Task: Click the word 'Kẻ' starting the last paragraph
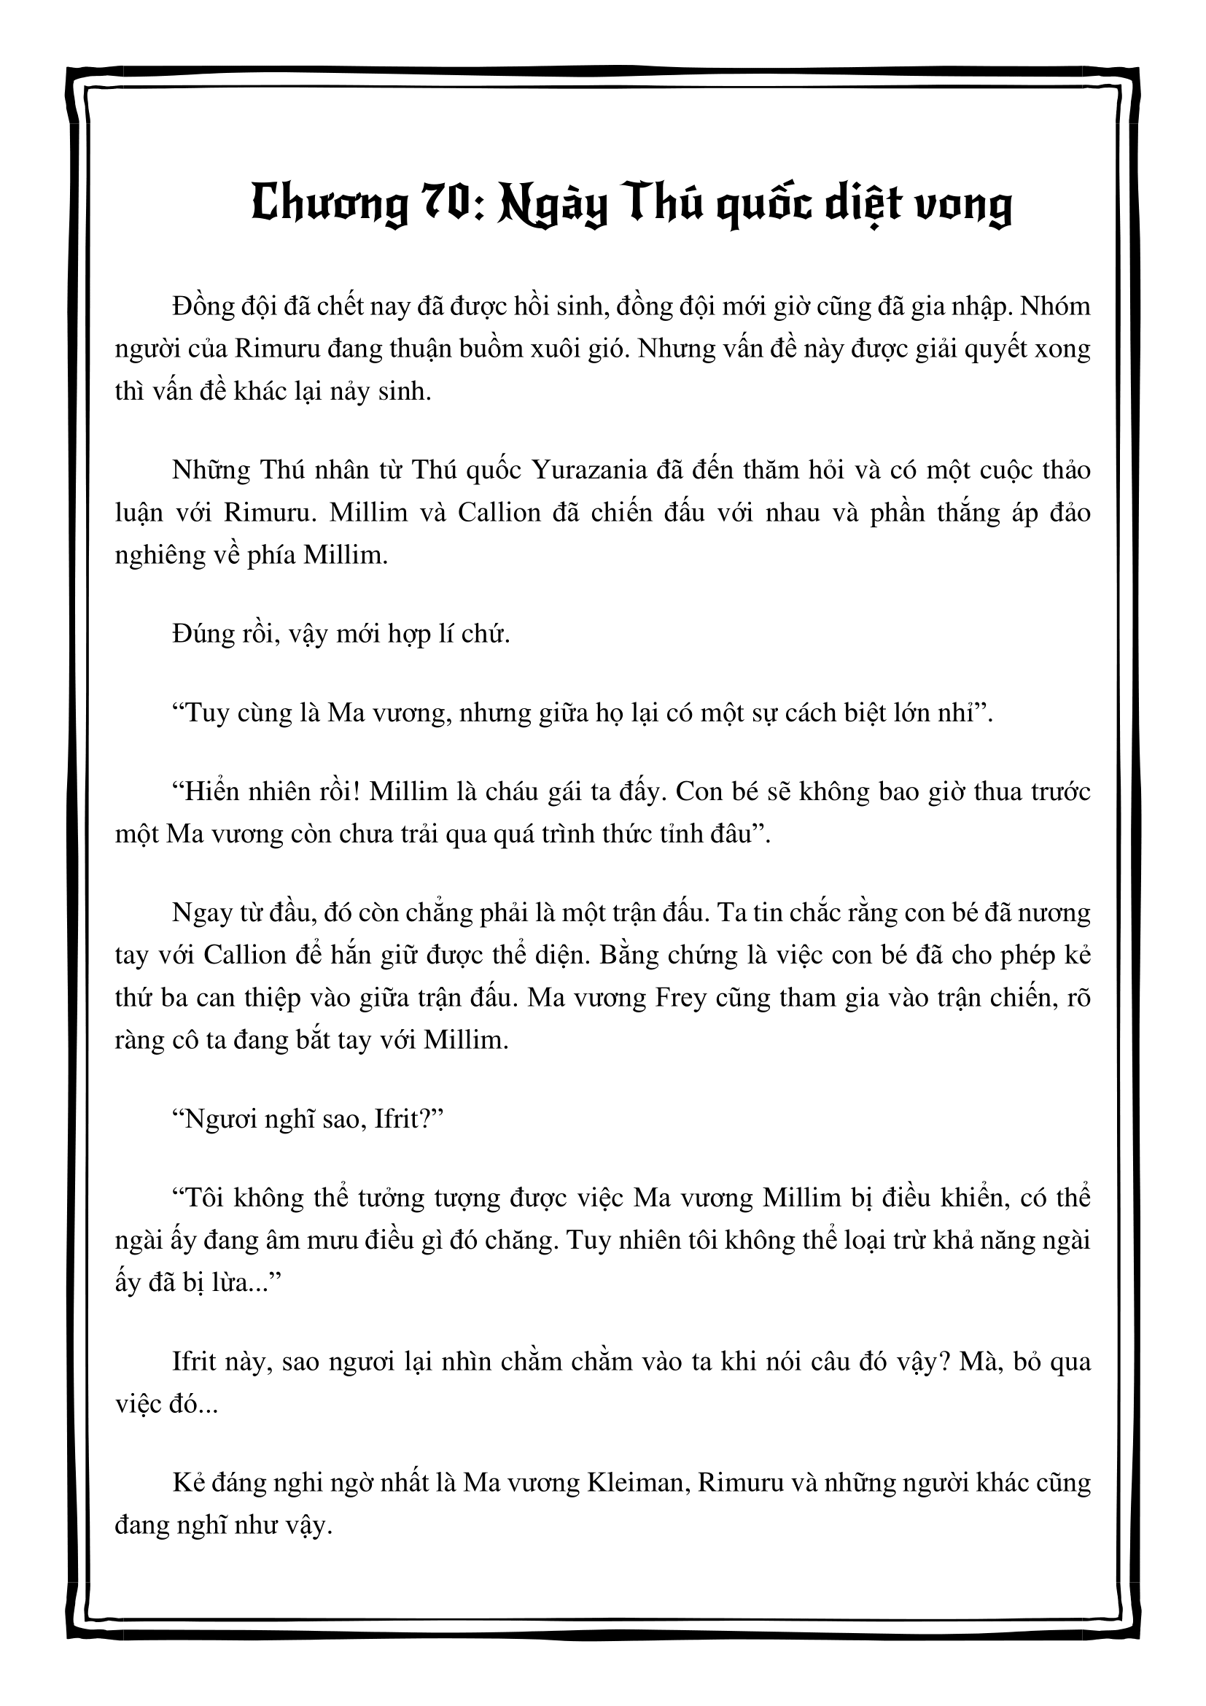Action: (187, 1482)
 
